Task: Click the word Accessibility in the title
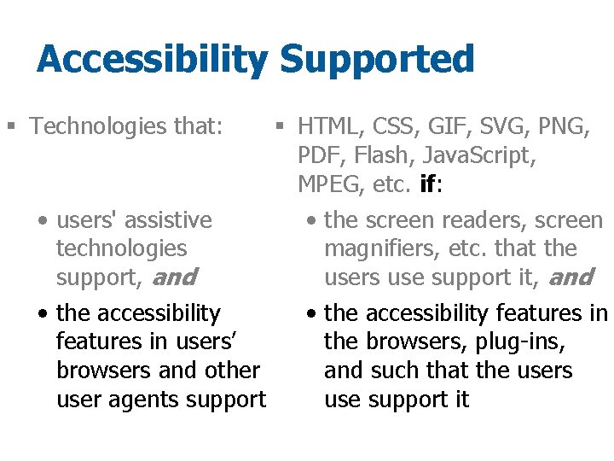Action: [x=153, y=61]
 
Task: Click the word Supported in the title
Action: [x=376, y=61]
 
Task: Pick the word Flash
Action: [x=376, y=156]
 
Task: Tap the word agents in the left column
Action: [x=150, y=400]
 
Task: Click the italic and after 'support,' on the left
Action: [x=174, y=277]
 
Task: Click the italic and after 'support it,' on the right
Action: [x=570, y=277]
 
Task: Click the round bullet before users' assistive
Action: [x=43, y=221]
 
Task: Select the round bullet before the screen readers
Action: [x=312, y=221]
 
